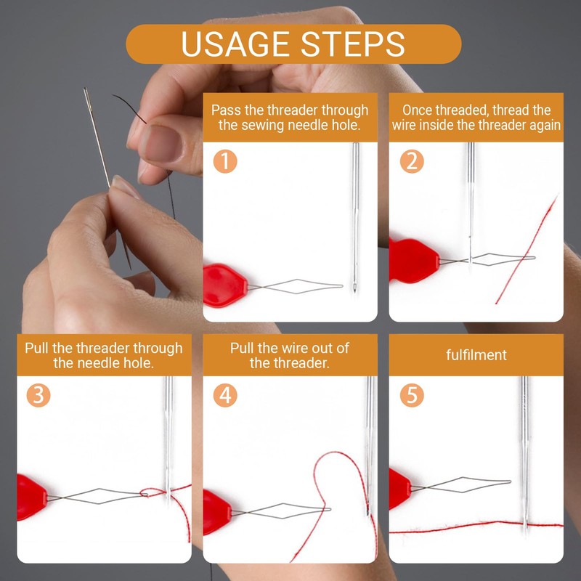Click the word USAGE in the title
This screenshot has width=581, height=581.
click(235, 44)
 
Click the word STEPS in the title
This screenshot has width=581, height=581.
click(352, 44)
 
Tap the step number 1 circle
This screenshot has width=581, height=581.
click(225, 161)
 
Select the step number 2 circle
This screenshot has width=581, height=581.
click(412, 161)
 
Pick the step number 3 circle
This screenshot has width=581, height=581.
click(38, 395)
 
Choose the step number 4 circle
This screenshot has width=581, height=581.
click(225, 395)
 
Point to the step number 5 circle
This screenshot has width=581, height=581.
click(412, 395)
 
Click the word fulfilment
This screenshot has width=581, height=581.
click(476, 355)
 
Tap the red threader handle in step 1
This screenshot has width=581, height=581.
click(225, 285)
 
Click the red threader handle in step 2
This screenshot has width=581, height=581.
click(414, 261)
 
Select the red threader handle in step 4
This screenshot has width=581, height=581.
click(217, 513)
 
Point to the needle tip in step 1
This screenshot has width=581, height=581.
click(354, 292)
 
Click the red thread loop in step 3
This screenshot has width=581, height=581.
click(149, 492)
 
